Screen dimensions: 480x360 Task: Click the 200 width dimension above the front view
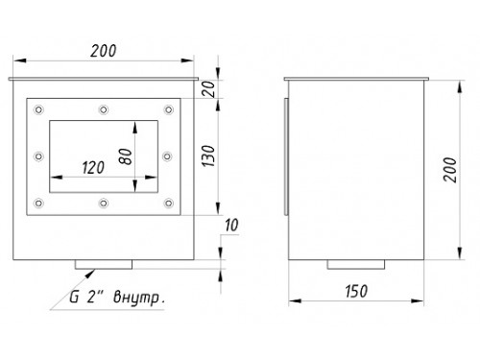pos(103,51)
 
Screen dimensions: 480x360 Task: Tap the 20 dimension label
pos(208,89)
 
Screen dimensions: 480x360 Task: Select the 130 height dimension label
pos(208,156)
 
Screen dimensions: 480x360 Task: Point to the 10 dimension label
pos(231,226)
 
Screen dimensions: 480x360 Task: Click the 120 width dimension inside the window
pos(93,168)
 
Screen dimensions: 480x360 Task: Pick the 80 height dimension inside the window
pos(125,156)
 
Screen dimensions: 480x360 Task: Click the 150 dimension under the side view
pos(356,291)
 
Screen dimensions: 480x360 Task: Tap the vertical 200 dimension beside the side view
pos(450,170)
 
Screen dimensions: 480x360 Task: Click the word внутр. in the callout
pos(139,298)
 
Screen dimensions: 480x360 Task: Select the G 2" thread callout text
pos(83,298)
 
